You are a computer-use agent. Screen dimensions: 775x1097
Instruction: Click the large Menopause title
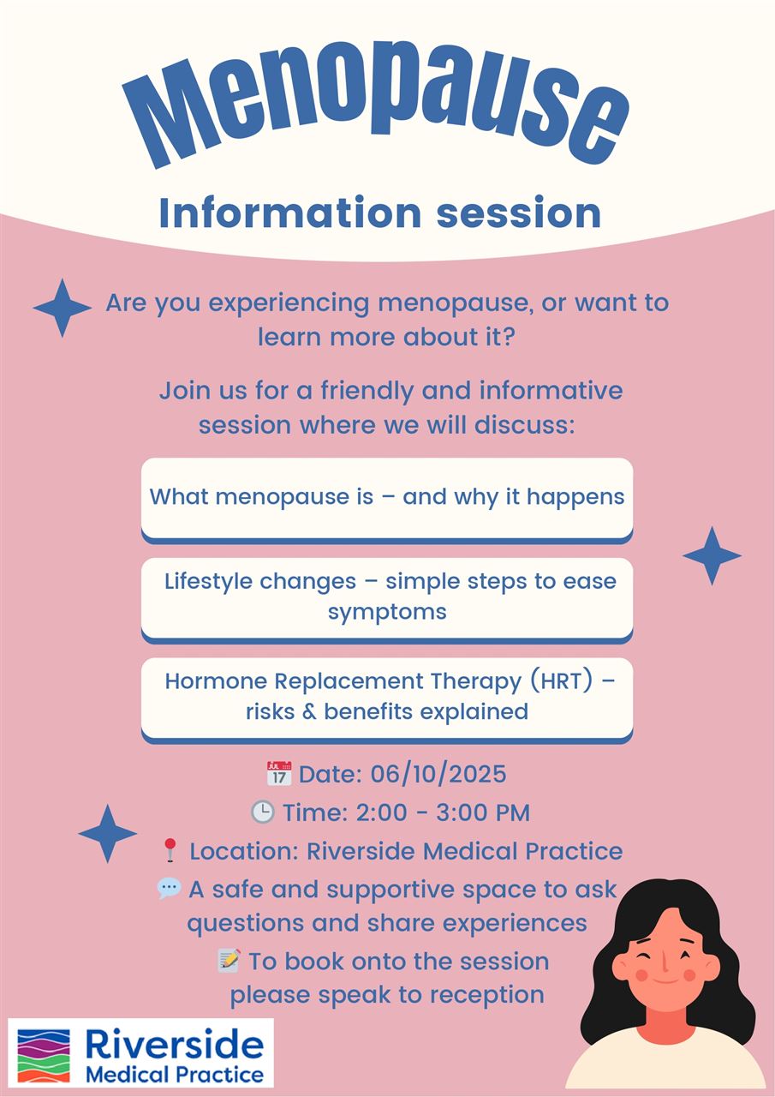[x=375, y=105]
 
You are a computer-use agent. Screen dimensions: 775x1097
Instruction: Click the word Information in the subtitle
[x=290, y=213]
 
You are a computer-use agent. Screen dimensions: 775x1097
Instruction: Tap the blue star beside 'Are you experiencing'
[x=63, y=308]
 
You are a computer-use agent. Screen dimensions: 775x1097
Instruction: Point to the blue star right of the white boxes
[x=712, y=556]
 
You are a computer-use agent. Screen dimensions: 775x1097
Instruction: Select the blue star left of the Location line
[x=108, y=834]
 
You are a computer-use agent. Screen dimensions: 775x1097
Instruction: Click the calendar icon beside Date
[x=279, y=774]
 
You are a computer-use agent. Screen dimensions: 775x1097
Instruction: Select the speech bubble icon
[x=170, y=888]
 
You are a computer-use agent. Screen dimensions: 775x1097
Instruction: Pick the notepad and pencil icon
[x=230, y=961]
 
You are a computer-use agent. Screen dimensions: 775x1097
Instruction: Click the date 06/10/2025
[x=438, y=774]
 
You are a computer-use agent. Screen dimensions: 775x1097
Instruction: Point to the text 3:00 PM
[x=483, y=812]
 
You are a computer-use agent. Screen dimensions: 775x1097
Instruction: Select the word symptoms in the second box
[x=387, y=612]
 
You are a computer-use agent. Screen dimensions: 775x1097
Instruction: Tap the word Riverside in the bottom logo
[x=175, y=1044]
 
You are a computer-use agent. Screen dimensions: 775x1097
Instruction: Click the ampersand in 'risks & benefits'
[x=309, y=711]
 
